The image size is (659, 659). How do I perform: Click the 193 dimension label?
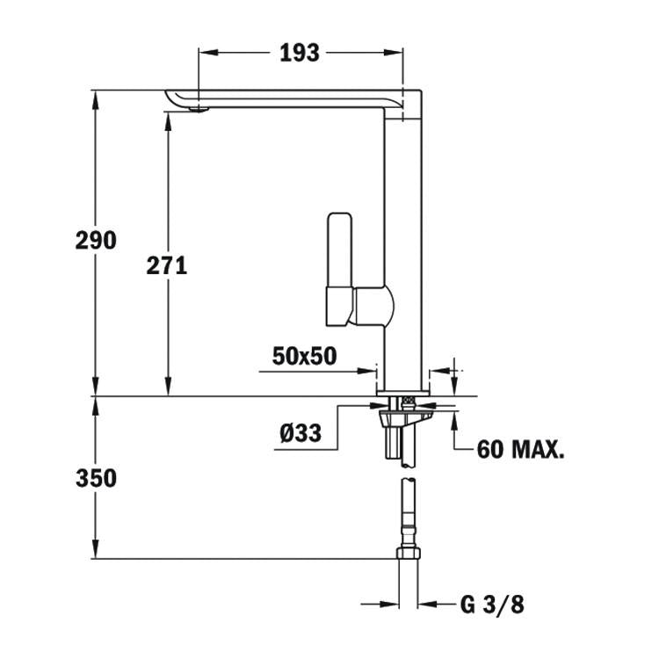pos(300,54)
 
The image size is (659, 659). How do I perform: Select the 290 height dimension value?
pos(96,240)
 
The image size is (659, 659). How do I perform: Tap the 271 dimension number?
pos(167,264)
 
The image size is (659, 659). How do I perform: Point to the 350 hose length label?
pos(96,478)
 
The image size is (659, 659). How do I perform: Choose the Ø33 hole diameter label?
pos(300,432)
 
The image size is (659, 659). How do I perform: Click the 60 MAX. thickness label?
pos(520,450)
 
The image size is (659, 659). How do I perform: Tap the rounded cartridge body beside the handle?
pos(373,307)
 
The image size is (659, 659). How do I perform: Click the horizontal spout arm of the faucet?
pos(290,98)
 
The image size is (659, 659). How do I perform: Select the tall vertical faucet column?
pos(406,246)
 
